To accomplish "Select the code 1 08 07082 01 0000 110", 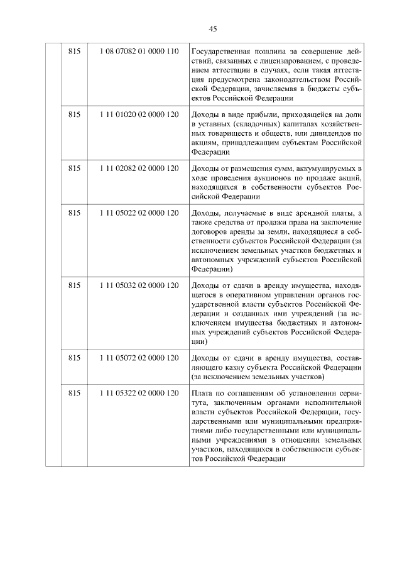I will click(139, 51).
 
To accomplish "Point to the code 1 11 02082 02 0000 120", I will click(139, 168).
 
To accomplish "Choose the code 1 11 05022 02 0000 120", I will click(139, 214).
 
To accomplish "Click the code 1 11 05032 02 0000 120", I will click(139, 285).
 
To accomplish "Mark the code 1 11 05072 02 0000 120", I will click(139, 358).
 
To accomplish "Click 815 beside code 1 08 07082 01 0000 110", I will click(75, 51).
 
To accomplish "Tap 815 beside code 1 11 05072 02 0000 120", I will click(75, 358).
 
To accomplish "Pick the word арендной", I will click(313, 214).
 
